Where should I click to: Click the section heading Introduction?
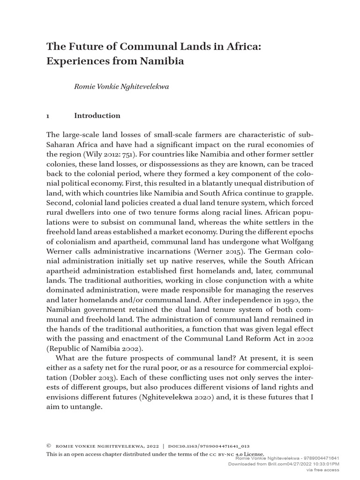97,116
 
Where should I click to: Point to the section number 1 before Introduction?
48,116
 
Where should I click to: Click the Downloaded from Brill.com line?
283,464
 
